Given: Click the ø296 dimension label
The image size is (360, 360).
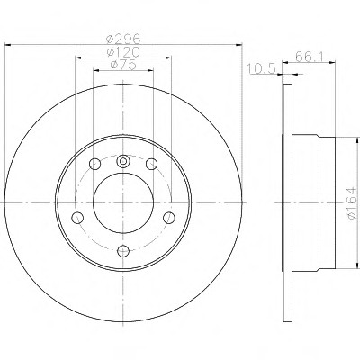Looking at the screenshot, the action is (x=123, y=39).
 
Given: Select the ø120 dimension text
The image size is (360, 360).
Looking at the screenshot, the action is (x=123, y=52).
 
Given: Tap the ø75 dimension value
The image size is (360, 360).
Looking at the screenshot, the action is (x=123, y=65).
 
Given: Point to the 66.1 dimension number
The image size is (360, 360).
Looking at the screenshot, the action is (x=309, y=57).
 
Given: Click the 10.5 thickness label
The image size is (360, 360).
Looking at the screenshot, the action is (x=262, y=69).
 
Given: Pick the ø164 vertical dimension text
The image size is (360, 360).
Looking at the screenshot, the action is (x=352, y=202).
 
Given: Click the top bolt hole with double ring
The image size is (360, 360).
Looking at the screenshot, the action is (x=123, y=161).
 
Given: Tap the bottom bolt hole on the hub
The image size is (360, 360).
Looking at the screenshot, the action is (x=123, y=251).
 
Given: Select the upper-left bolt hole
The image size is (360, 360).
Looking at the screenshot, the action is (x=95, y=164).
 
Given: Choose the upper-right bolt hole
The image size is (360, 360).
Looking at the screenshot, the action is (x=151, y=164).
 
